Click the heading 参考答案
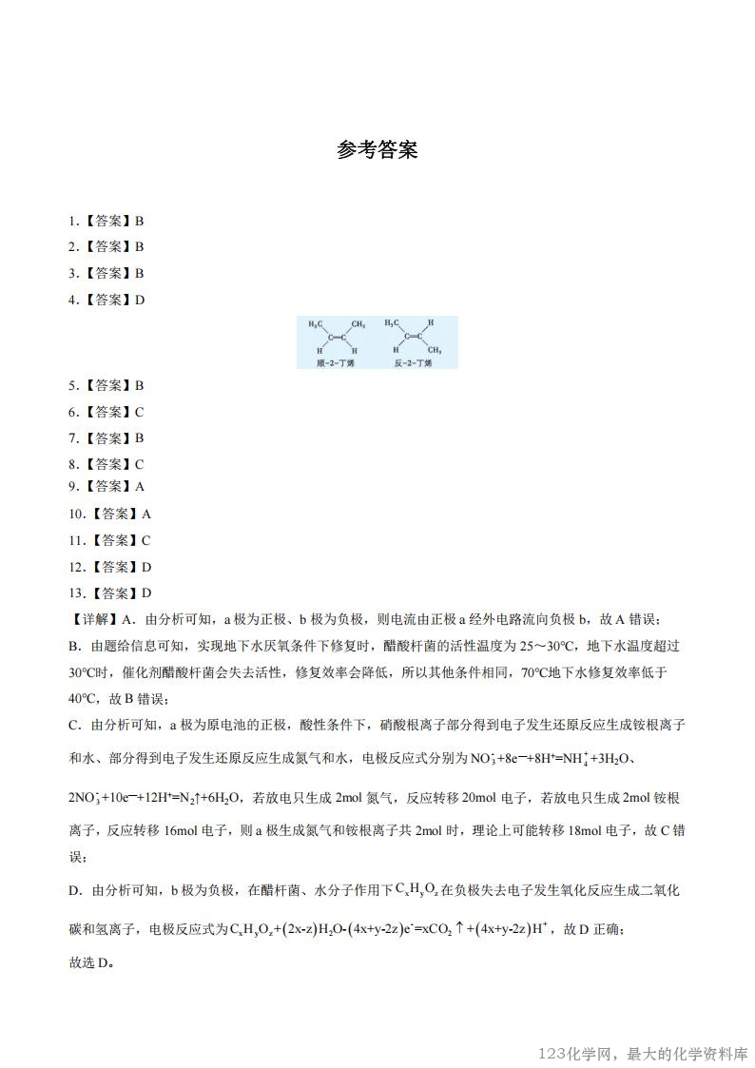[377, 150]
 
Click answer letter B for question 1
[139, 221]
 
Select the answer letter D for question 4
[139, 300]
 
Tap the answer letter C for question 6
[139, 412]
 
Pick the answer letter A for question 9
[139, 486]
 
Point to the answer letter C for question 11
[146, 540]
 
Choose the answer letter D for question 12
[146, 567]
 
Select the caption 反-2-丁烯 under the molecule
[413, 363]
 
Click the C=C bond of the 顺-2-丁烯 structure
[333, 336]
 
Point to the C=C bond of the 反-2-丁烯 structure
[411, 336]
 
